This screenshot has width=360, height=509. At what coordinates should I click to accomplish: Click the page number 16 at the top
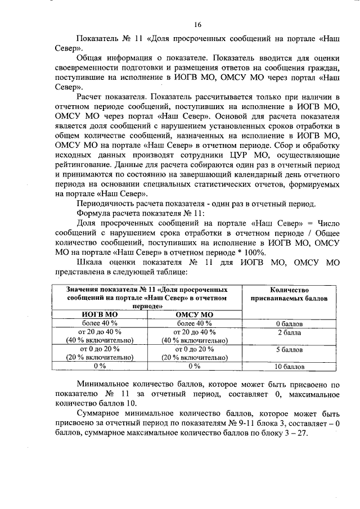click(x=197, y=25)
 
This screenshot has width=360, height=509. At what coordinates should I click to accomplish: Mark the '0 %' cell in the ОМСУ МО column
click(x=194, y=366)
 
